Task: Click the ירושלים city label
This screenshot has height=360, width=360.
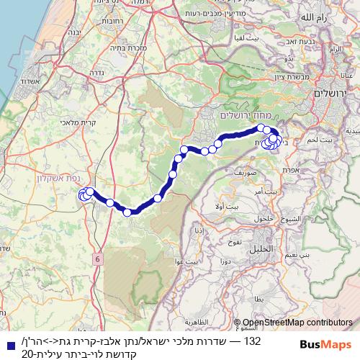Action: click(x=332, y=95)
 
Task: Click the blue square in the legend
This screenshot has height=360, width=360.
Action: click(x=7, y=341)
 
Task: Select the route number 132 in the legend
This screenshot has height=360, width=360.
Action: click(x=252, y=340)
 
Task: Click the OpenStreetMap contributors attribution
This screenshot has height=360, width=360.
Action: click(x=297, y=324)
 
